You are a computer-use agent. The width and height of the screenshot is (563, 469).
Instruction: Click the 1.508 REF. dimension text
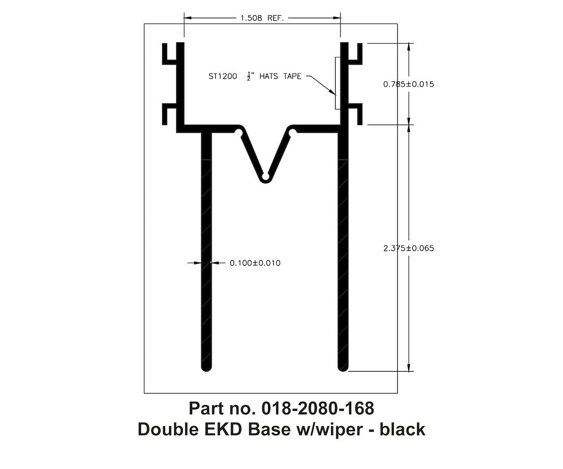click(261, 18)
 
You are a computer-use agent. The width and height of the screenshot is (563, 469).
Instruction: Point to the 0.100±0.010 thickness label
click(255, 263)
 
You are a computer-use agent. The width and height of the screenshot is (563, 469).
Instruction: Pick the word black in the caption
click(402, 430)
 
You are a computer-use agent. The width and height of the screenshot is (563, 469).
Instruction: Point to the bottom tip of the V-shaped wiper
click(265, 179)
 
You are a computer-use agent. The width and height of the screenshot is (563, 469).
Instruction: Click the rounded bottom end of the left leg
click(206, 367)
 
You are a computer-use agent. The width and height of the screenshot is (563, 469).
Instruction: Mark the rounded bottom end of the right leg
click(342, 367)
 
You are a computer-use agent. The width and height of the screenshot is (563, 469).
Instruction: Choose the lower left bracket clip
click(170, 114)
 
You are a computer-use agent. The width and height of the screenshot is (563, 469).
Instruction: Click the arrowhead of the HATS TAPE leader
click(334, 94)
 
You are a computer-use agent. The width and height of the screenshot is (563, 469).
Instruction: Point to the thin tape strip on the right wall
click(337, 83)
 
